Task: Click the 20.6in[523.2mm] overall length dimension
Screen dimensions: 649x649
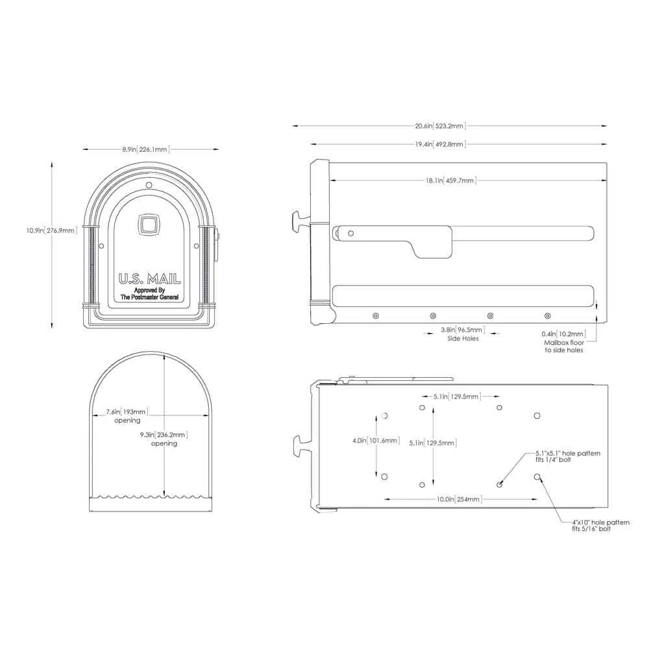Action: click(x=441, y=126)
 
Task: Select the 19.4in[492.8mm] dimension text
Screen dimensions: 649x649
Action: click(x=441, y=144)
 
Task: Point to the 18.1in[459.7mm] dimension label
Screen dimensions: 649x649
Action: click(x=451, y=180)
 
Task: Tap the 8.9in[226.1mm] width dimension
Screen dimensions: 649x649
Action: click(x=145, y=149)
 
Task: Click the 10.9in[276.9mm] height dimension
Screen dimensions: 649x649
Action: click(x=52, y=230)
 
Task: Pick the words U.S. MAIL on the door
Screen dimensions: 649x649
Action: click(x=149, y=279)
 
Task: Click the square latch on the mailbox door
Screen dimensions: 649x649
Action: click(x=148, y=225)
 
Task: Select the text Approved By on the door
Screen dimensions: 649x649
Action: click(x=149, y=290)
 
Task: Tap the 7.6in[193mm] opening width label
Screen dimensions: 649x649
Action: click(x=127, y=412)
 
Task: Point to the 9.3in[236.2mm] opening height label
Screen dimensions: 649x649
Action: click(x=164, y=435)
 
